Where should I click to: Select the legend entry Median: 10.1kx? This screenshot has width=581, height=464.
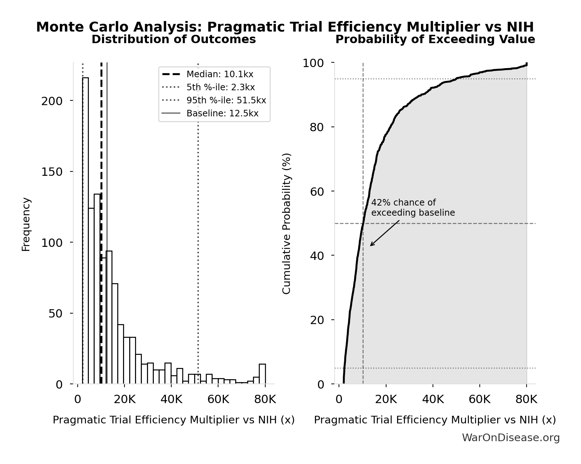coord(220,74)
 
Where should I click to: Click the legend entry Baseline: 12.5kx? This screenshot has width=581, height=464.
coord(222,113)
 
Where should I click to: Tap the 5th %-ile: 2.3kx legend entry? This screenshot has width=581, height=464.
coord(221,87)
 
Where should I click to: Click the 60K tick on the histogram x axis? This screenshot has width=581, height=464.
coord(218,399)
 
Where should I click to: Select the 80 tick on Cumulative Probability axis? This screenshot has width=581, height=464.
coord(316,127)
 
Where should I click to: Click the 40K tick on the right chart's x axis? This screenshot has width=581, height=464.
coord(433,399)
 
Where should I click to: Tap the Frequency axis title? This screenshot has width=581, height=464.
coord(26,224)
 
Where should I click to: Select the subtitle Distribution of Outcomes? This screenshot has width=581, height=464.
coord(173,40)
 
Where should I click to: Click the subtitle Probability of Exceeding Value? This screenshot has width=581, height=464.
coord(435,40)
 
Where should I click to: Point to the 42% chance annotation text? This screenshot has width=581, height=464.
coord(413,208)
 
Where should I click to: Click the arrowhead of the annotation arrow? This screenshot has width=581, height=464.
coord(371,245)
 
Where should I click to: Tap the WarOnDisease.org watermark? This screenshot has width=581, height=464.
coord(511,438)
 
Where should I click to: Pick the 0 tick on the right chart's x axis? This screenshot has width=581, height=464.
coord(339,399)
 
